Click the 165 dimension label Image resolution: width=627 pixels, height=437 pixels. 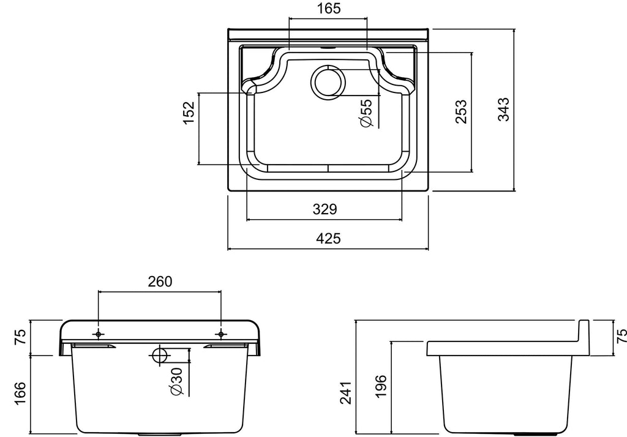point(329,8)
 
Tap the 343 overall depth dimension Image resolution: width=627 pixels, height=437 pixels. point(503,109)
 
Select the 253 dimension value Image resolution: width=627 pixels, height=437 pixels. point(461,111)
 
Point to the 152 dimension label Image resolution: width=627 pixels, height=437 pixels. point(189,113)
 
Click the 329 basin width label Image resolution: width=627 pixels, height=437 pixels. point(325,209)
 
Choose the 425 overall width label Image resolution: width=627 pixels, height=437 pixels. point(328,239)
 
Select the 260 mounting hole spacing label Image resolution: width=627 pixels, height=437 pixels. point(160,282)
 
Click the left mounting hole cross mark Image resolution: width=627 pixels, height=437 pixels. point(99,334)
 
